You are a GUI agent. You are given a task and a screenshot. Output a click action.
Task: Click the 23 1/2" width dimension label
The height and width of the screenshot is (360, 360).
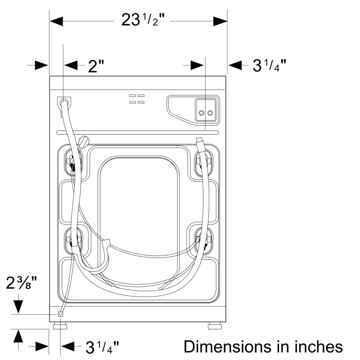tap(143, 20)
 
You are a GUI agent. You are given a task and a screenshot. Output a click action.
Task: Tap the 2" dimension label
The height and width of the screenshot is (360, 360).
tap(96, 66)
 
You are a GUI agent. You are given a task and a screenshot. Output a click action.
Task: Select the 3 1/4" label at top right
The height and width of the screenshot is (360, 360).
tap(269, 65)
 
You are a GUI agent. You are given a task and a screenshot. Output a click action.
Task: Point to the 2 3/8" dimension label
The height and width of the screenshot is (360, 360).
tap(21, 283)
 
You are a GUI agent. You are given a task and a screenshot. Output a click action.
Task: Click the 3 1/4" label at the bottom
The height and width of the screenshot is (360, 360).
tap(102, 347)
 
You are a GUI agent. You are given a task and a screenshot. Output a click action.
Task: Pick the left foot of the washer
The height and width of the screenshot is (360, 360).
tap(60, 326)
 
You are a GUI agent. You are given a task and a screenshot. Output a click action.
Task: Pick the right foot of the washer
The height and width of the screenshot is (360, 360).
tap(215, 326)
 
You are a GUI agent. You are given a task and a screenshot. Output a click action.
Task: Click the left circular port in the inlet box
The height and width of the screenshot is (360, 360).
tap(202, 113)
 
